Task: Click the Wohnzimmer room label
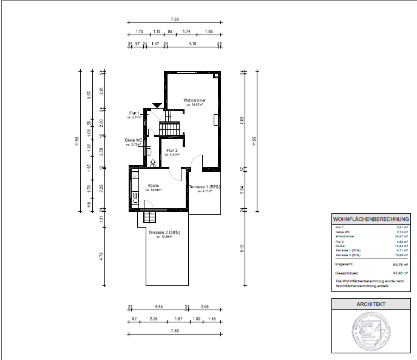click(195, 100)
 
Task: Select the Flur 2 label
click(172, 151)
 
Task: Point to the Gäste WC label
click(134, 140)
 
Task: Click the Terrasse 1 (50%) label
click(205, 187)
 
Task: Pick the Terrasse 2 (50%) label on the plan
click(164, 233)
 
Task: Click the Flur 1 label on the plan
click(135, 114)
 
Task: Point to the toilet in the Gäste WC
click(152, 162)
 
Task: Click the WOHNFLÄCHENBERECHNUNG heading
click(370, 219)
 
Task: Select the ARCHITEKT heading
click(370, 304)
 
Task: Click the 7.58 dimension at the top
click(175, 19)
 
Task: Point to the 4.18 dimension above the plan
click(192, 44)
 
